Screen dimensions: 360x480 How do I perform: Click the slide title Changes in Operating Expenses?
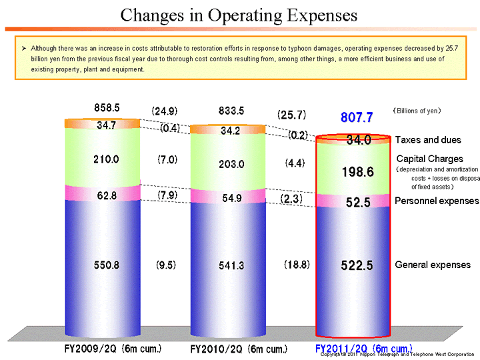click(x=239, y=15)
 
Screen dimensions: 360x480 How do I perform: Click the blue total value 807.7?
click(x=356, y=118)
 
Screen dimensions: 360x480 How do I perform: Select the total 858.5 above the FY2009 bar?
click(x=107, y=107)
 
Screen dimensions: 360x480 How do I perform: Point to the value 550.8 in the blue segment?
click(x=107, y=265)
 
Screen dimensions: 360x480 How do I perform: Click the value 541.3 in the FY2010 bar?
click(x=231, y=265)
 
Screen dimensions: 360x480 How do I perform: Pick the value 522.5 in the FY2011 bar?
click(x=356, y=265)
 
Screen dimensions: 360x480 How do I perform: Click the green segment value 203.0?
click(x=231, y=164)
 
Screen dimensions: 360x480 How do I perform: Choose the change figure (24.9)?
click(x=164, y=111)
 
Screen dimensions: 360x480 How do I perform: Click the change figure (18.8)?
click(x=293, y=265)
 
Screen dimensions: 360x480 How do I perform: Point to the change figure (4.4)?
click(x=293, y=162)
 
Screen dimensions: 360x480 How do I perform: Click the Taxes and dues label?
click(x=428, y=140)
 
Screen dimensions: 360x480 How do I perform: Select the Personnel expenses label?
click(x=437, y=201)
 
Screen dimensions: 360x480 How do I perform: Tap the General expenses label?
click(x=432, y=265)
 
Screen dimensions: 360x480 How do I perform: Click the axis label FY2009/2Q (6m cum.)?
click(x=113, y=348)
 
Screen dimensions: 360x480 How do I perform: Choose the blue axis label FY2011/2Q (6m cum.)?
click(x=363, y=348)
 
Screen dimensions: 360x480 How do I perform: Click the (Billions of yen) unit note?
click(x=417, y=111)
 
